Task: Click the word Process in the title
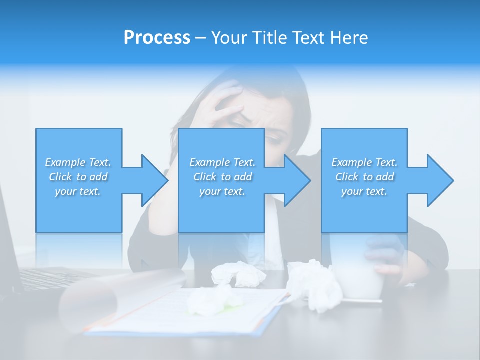(x=157, y=38)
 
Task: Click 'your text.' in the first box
(x=78, y=191)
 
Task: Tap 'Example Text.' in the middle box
(x=222, y=162)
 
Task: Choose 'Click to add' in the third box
(x=365, y=177)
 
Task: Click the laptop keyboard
(x=50, y=277)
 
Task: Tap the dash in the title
(x=201, y=38)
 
